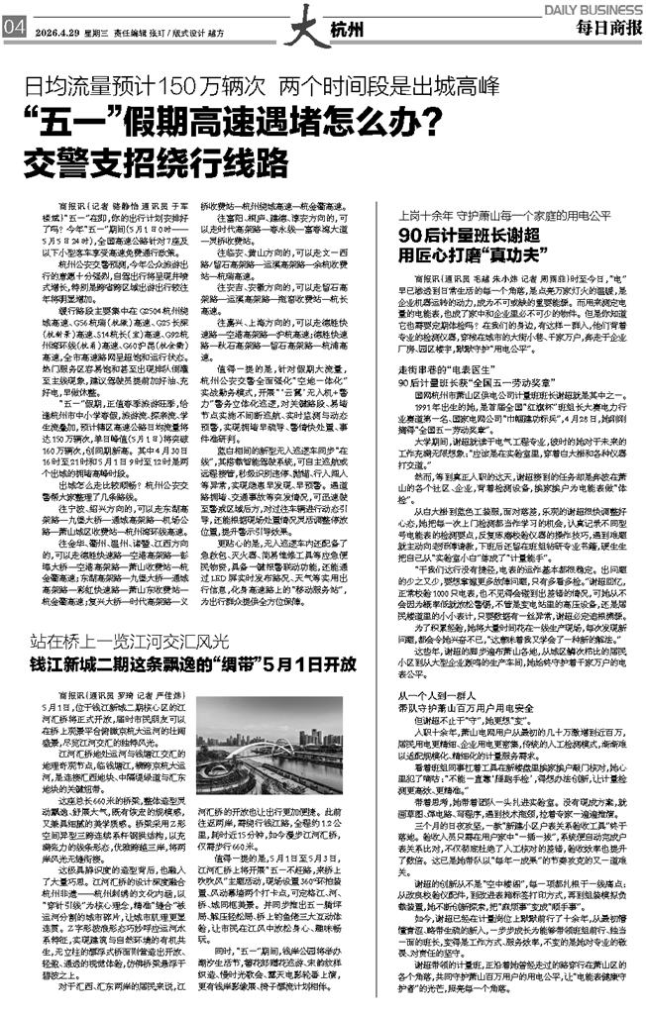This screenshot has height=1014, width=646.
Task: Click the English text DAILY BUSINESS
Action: (x=592, y=7)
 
